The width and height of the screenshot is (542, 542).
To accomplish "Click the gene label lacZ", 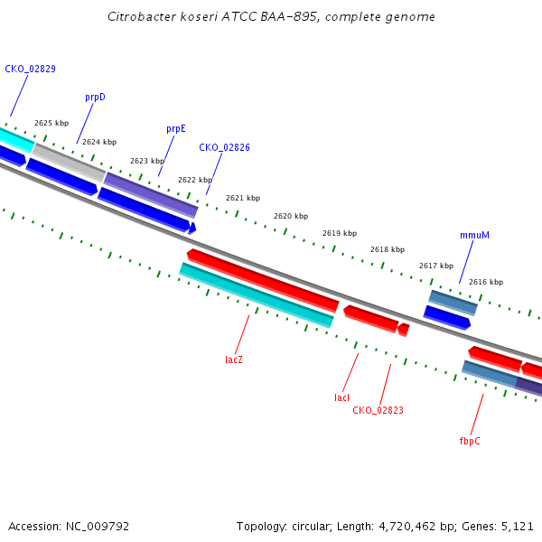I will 234,360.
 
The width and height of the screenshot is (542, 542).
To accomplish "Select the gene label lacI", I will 341,397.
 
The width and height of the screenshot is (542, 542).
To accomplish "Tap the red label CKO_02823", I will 378,410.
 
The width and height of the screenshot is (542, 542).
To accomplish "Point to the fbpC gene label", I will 470,441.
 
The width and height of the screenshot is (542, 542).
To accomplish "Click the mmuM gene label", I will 474,235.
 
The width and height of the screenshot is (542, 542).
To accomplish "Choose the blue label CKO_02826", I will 225,147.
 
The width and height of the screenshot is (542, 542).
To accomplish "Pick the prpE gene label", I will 175,129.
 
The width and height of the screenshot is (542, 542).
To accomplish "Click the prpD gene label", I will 95,97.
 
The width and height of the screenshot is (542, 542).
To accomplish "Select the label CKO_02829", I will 30,69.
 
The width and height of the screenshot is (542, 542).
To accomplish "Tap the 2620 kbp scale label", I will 291,217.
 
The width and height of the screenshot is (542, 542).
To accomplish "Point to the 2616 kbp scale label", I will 486,283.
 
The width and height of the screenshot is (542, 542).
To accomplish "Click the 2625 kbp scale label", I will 51,123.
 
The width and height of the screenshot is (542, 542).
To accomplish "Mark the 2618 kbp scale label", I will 388,250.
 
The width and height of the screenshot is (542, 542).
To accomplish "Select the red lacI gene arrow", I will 370,318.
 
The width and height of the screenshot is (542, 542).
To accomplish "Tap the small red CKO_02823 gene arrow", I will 403,330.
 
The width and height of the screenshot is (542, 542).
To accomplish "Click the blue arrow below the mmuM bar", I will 447,317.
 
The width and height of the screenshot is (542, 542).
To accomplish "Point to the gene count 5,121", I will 516,526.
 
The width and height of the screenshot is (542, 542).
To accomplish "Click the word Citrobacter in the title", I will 137,17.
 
